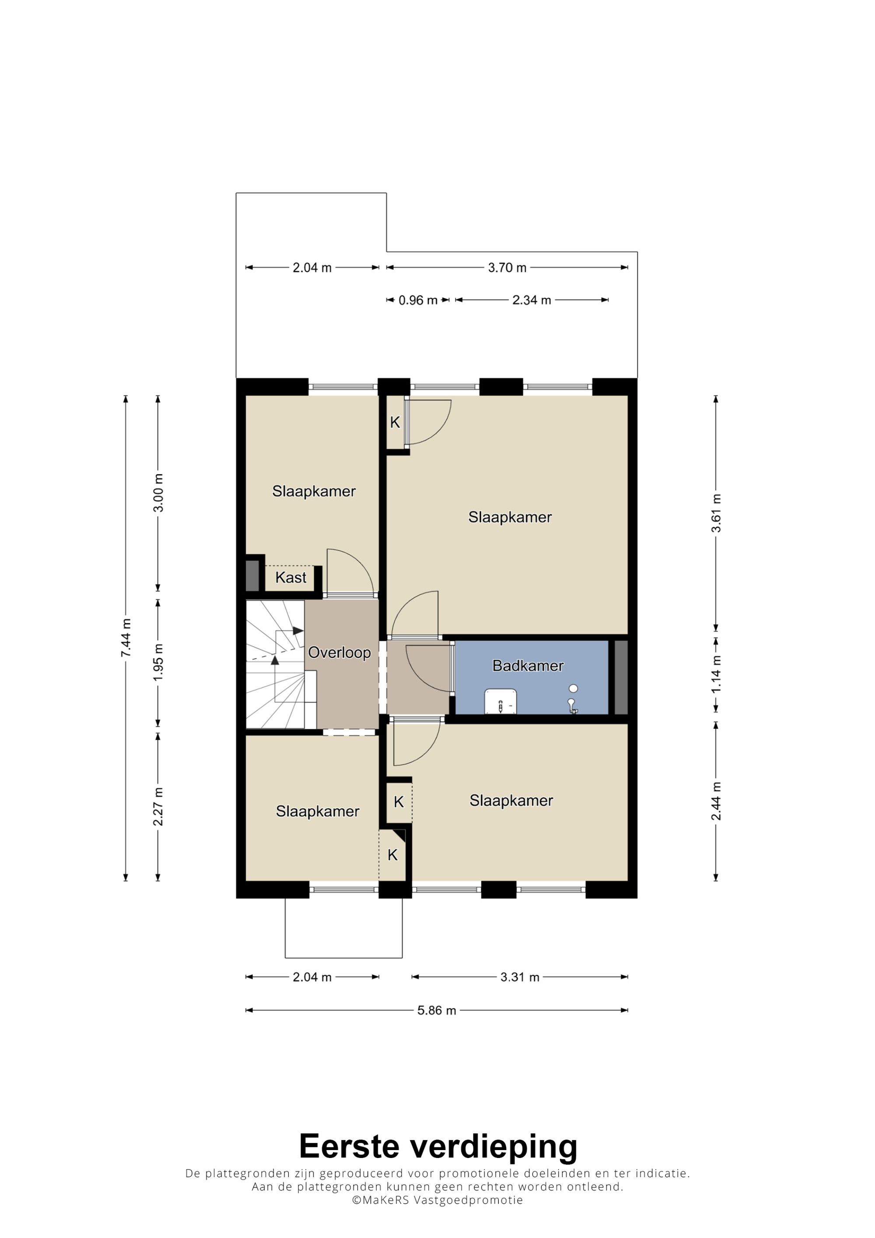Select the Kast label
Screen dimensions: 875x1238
[290, 577]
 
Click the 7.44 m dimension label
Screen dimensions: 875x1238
[126, 638]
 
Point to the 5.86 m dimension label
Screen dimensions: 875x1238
[437, 1011]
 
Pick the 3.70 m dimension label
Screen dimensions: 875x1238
[507, 267]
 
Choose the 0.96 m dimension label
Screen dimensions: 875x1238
[418, 301]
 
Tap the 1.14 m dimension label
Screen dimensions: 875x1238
[715, 674]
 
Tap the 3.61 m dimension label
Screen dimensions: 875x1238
[715, 513]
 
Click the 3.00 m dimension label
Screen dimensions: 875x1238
[158, 493]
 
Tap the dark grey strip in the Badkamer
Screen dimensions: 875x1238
[621, 677]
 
